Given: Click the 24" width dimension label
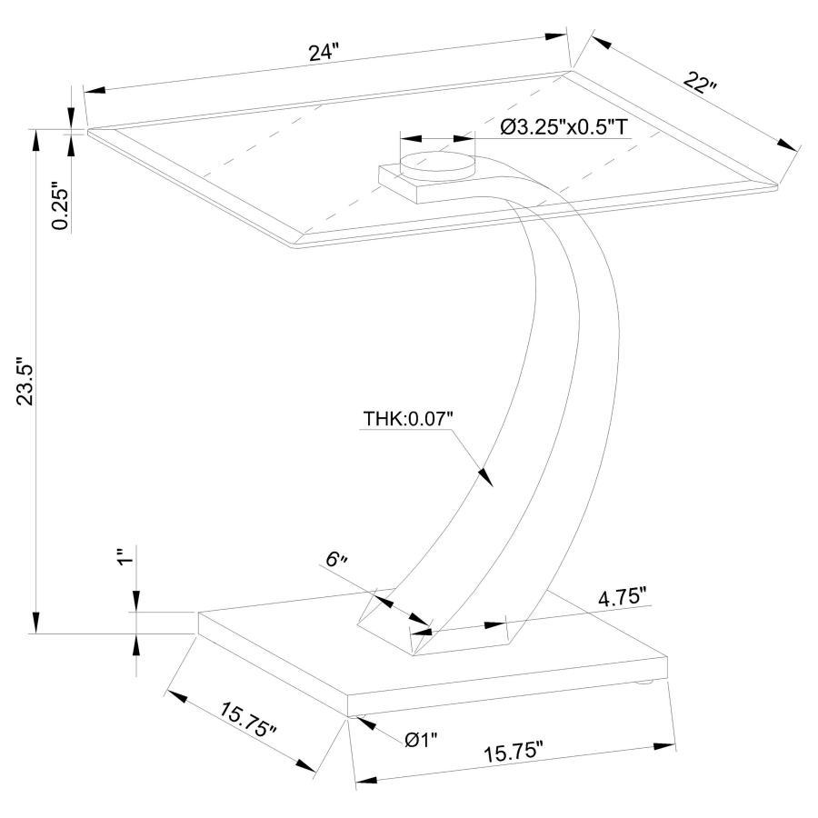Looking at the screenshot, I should [x=322, y=52].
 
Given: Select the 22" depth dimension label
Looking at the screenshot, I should [x=700, y=85].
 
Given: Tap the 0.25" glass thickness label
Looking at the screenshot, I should [x=61, y=207].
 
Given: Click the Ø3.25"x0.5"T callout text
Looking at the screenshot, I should [x=564, y=127].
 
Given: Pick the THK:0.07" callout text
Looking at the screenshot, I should [x=408, y=418].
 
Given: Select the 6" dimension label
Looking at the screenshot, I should [x=338, y=560].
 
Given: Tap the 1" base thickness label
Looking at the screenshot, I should [x=125, y=556].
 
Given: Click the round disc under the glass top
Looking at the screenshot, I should [x=438, y=165].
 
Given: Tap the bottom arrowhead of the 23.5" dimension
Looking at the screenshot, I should [x=36, y=624].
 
